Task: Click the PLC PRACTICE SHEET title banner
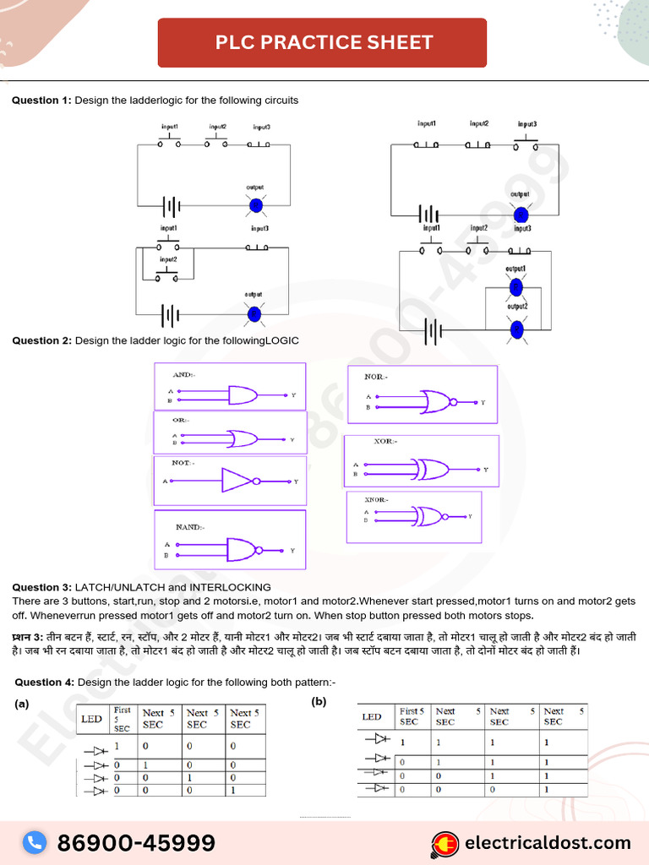[322, 42]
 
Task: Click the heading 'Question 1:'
[41, 101]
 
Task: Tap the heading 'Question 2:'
[41, 340]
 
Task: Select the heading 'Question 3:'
[41, 587]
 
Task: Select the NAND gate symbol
[244, 550]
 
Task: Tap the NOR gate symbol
[437, 401]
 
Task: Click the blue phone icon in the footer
[35, 842]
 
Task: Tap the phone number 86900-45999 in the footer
[136, 842]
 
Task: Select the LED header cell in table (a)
[91, 720]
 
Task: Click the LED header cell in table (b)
[372, 717]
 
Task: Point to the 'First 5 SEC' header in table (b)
[412, 716]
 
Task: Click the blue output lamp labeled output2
[516, 329]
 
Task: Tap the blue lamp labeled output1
[515, 287]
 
